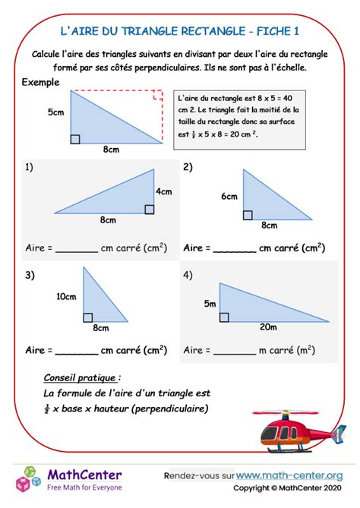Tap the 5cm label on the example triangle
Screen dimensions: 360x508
coord(55,113)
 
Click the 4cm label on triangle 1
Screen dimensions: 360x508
coord(164,191)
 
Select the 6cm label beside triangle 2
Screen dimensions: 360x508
coord(229,197)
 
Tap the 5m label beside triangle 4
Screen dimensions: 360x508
coord(210,304)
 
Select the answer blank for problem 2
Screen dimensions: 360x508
coord(235,249)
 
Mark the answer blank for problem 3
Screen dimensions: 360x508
coord(77,352)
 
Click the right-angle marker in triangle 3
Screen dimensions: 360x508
coord(87,317)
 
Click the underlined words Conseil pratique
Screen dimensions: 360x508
coord(81,378)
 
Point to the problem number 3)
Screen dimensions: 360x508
coord(30,276)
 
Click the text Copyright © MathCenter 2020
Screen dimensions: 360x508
coord(287,488)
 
